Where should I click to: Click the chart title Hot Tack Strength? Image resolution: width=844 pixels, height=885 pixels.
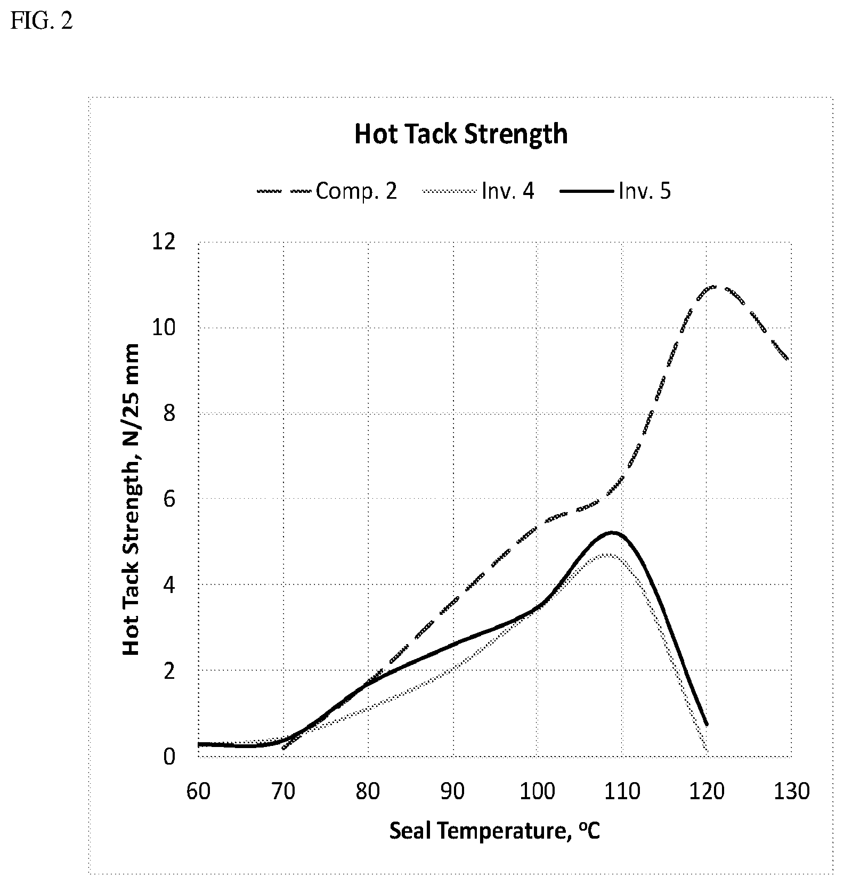pyautogui.click(x=461, y=134)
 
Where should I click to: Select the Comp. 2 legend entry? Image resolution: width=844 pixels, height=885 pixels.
pyautogui.click(x=327, y=191)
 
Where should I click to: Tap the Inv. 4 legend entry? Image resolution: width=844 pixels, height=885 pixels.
pyautogui.click(x=478, y=191)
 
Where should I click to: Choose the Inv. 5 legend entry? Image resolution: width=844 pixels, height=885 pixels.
pyautogui.click(x=615, y=191)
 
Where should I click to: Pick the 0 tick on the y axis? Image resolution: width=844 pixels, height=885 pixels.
pyautogui.click(x=169, y=756)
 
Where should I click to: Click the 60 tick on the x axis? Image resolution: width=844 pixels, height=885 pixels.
pyautogui.click(x=198, y=791)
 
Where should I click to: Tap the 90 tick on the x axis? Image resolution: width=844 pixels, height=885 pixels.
pyautogui.click(x=452, y=791)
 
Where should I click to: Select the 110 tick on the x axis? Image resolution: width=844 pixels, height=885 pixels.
pyautogui.click(x=622, y=791)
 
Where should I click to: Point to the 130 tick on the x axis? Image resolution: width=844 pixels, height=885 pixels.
pyautogui.click(x=791, y=791)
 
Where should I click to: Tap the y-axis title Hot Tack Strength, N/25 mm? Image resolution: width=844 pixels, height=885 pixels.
pyautogui.click(x=131, y=499)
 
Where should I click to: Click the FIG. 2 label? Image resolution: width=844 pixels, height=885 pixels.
pyautogui.click(x=42, y=22)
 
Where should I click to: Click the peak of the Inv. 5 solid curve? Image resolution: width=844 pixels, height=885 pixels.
pyautogui.click(x=612, y=532)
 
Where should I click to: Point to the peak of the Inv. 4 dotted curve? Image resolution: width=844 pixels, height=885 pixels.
pyautogui.click(x=607, y=554)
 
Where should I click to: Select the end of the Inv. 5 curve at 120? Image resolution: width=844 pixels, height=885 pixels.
pyautogui.click(x=707, y=725)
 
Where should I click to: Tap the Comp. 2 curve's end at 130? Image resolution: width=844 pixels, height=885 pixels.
pyautogui.click(x=787, y=359)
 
